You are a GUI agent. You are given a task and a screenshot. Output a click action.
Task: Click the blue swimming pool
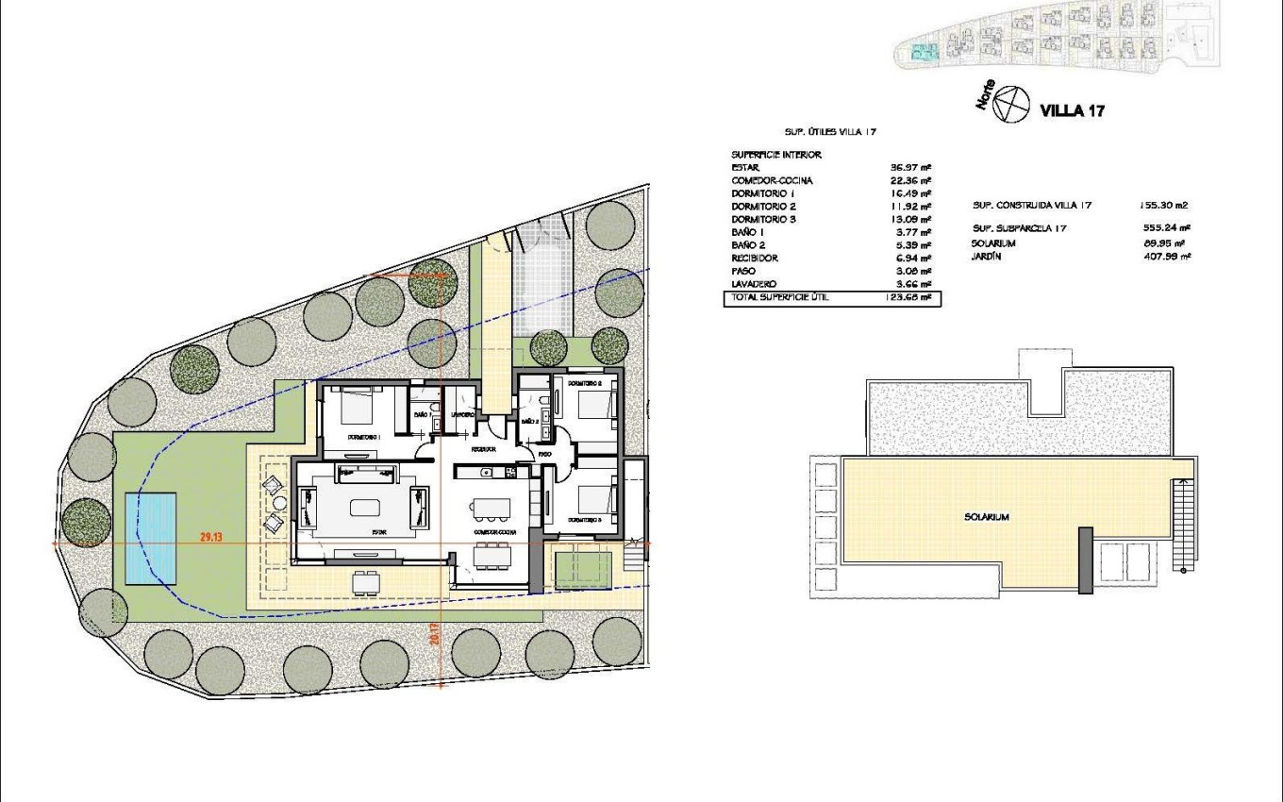coord(152,538)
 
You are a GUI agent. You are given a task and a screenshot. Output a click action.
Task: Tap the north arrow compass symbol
coord(1011,103)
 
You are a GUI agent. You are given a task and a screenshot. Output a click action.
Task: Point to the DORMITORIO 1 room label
coord(363,438)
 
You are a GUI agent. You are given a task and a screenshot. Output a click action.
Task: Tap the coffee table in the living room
coord(366,507)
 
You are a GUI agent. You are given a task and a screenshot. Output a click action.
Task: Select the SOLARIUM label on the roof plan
coord(987,517)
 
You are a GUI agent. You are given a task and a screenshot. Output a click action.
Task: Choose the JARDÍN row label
coord(986,255)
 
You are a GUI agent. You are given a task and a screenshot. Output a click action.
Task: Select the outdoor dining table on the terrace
coord(362,581)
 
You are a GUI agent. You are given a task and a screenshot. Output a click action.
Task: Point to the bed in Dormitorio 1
coord(346,411)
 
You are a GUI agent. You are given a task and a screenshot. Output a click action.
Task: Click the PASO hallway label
coord(545,454)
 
